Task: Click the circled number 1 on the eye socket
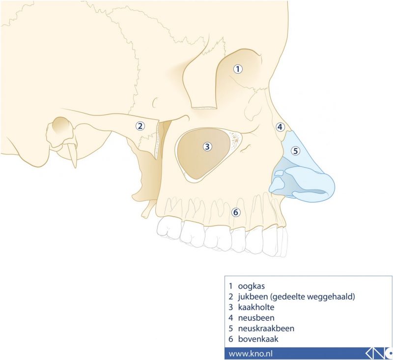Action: (238, 69)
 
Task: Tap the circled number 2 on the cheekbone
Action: (140, 126)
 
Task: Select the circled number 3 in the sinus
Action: (207, 146)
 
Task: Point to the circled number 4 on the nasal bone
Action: (280, 127)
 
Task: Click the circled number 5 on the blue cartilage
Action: (295, 151)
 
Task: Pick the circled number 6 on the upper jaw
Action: (236, 212)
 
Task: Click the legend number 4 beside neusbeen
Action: (230, 318)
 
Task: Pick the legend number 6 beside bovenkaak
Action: (230, 339)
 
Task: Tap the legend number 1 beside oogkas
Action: (230, 285)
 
